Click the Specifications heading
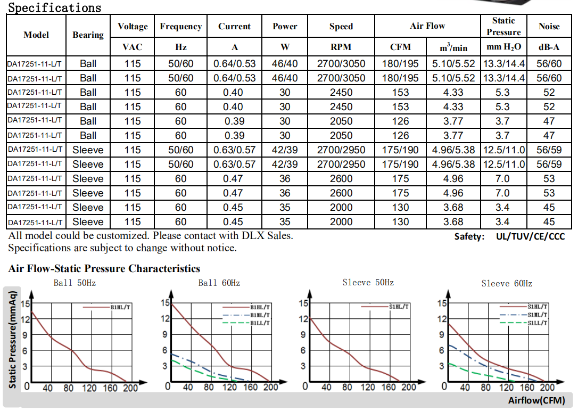click(54, 7)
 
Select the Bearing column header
click(88, 35)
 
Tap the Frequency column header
click(180, 26)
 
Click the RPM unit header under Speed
click(341, 47)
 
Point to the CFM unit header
click(400, 47)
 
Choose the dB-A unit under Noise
click(549, 47)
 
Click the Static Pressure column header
click(503, 26)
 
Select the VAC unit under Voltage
click(133, 47)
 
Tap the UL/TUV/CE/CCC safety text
click(530, 236)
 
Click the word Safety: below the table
click(469, 236)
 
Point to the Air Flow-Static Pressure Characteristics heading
click(104, 268)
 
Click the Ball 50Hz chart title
click(75, 283)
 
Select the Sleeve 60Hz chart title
click(507, 283)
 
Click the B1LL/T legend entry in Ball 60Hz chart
click(260, 323)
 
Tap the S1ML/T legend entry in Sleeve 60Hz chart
click(538, 315)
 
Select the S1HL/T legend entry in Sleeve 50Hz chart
click(399, 307)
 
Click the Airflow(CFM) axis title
click(536, 400)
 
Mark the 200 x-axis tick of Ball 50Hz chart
click(130, 388)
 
